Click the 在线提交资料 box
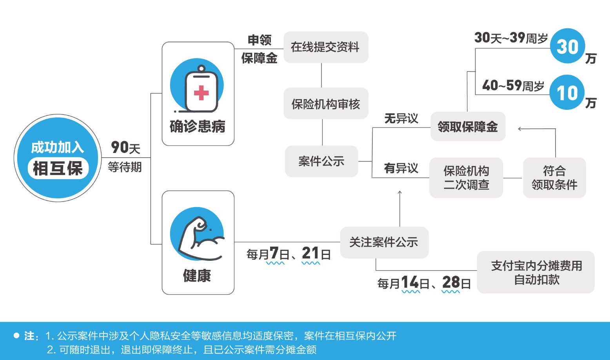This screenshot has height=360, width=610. (325, 47)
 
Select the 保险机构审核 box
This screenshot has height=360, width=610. (325, 104)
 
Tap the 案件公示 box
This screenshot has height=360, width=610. (321, 161)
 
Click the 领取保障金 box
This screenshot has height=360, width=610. (468, 127)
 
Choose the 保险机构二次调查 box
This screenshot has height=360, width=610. (466, 178)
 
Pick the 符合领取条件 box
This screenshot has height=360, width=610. (554, 178)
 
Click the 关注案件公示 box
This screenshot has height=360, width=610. (384, 242)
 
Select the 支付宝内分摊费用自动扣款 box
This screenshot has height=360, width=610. (536, 272)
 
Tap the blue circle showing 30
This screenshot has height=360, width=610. (567, 46)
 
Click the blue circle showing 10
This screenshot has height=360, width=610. (567, 93)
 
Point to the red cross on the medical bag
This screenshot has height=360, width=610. (201, 93)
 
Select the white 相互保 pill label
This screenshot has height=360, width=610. (58, 169)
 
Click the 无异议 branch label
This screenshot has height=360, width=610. (401, 118)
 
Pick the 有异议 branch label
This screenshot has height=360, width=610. (401, 168)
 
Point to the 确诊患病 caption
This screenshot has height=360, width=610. (198, 127)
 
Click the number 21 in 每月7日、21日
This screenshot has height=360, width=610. (310, 254)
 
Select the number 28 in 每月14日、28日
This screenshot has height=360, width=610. (451, 283)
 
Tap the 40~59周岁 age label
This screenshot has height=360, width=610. (513, 85)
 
